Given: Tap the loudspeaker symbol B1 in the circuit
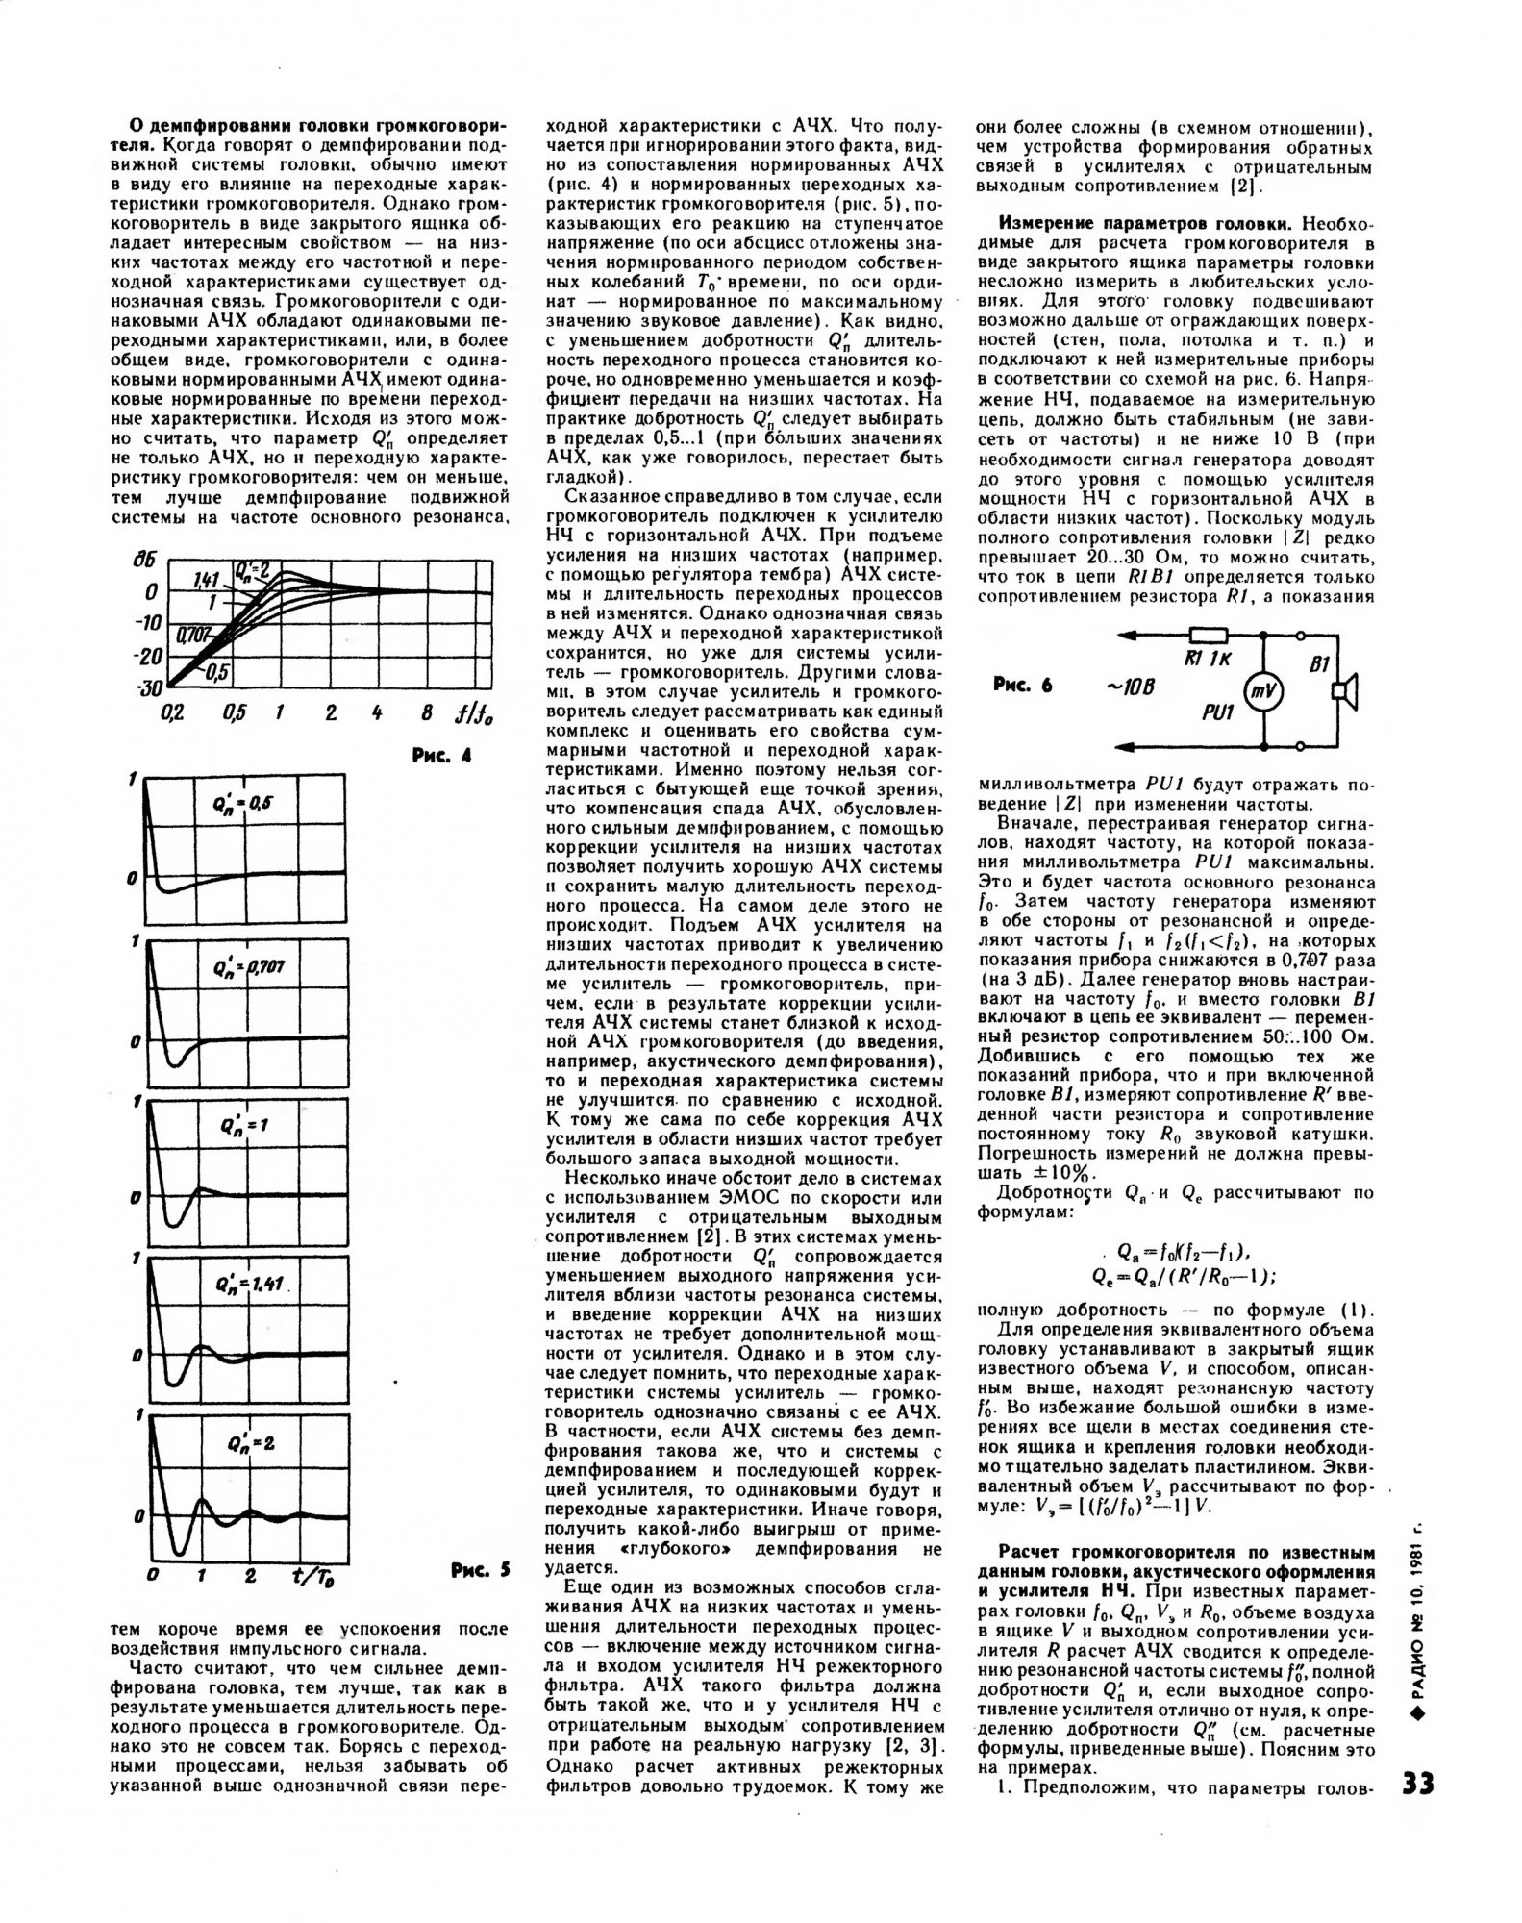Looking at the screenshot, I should pos(1342,690).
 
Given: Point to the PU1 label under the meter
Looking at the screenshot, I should pos(1216,716).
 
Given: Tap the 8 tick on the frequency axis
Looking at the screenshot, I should pos(425,713).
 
